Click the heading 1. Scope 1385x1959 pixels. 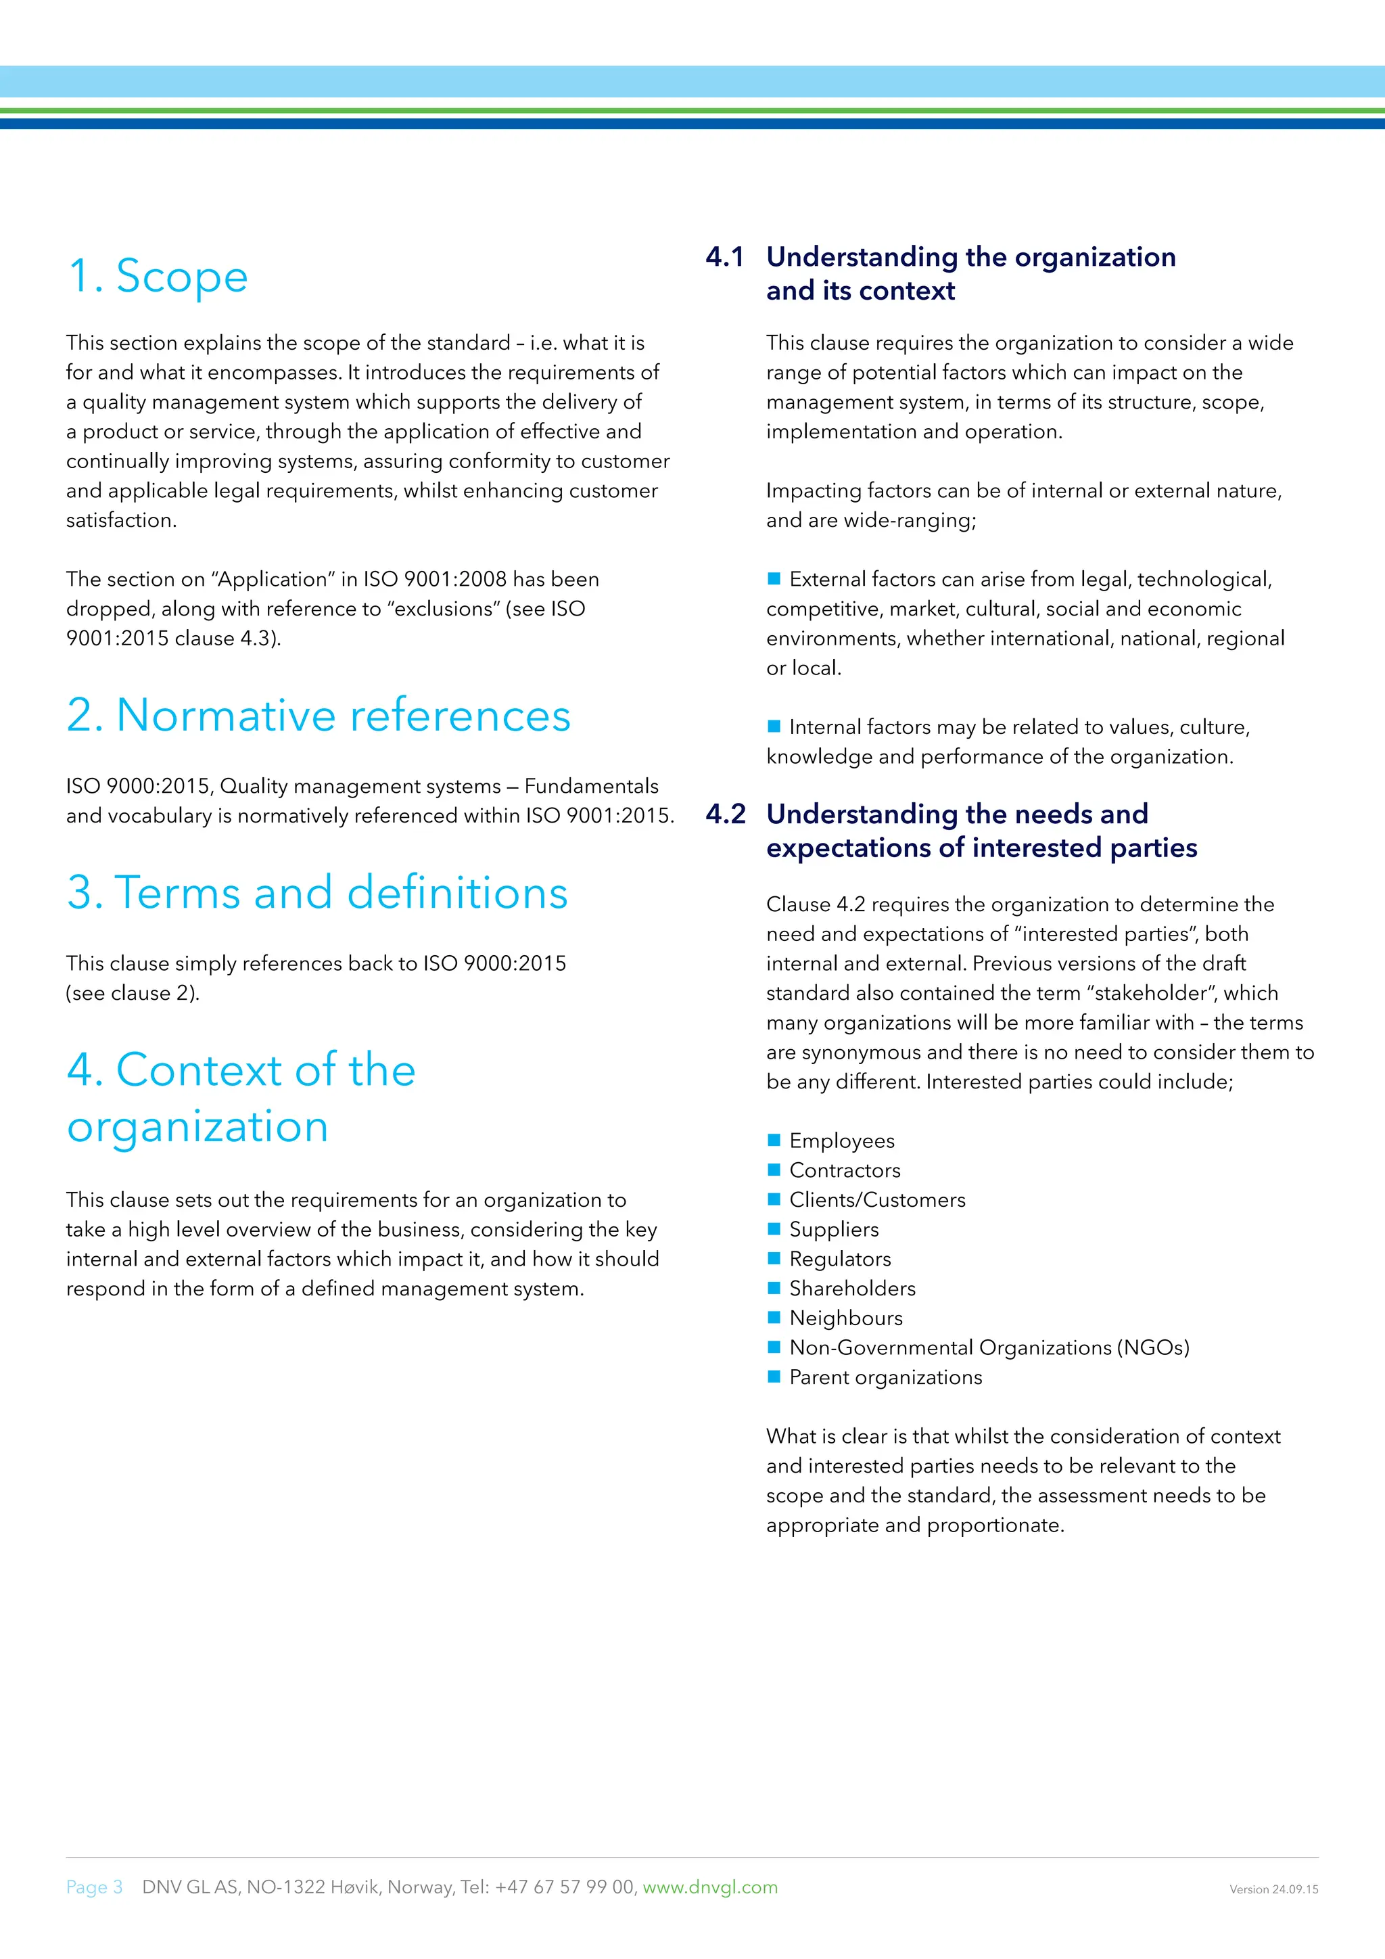click(x=158, y=277)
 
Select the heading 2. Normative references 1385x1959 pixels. click(x=318, y=715)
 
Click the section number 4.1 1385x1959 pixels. click(x=725, y=257)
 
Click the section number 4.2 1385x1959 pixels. click(x=725, y=814)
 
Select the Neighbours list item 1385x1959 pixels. click(x=845, y=1318)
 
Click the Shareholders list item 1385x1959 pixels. click(x=852, y=1289)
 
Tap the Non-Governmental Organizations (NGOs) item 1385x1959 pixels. click(x=989, y=1347)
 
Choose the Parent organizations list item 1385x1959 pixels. click(x=885, y=1377)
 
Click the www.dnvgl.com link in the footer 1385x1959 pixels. click(x=709, y=1887)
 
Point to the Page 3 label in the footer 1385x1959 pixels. click(x=95, y=1887)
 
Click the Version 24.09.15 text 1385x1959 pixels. click(x=1273, y=1890)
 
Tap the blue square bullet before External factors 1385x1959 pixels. click(x=774, y=578)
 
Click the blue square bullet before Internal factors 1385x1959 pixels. click(x=774, y=726)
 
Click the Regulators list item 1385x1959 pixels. click(x=839, y=1260)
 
